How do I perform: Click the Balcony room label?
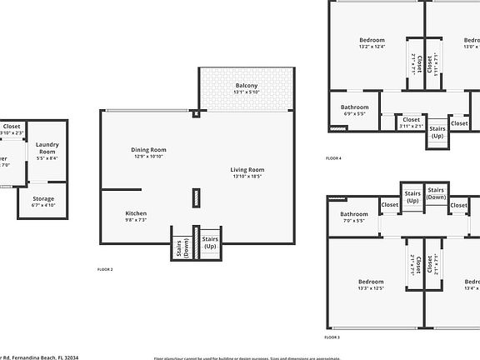[x=246, y=86]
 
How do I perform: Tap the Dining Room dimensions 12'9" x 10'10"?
[x=148, y=157]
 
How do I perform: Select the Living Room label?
[x=247, y=170]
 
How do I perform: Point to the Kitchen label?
[x=136, y=213]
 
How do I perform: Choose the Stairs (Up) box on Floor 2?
[x=209, y=242]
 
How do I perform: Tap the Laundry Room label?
[x=47, y=148]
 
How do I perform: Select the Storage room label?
[x=43, y=198]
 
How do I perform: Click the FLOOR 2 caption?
[x=105, y=269]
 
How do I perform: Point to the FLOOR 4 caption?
[x=333, y=157]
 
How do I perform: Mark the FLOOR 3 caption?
[x=332, y=337]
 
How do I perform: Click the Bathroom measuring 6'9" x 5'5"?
[x=354, y=107]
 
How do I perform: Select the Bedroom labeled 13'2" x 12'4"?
[x=372, y=40]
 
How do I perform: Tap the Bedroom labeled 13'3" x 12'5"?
[x=371, y=282]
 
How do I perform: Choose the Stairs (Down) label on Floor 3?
[x=436, y=193]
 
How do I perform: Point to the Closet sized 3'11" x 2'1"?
[x=412, y=122]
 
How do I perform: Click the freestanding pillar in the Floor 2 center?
[x=197, y=197]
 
